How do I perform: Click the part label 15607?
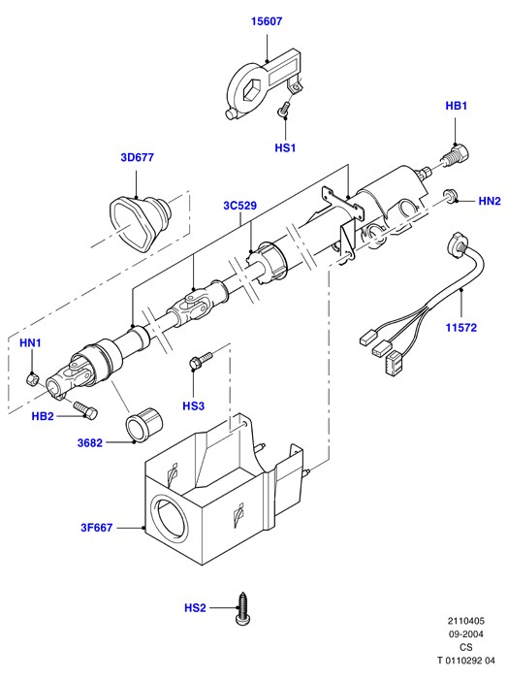[x=267, y=21]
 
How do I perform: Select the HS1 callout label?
[x=285, y=147]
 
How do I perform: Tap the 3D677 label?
[x=137, y=157]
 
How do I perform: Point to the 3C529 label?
[x=240, y=206]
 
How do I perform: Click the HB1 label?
[x=457, y=106]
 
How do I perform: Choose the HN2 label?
[x=490, y=201]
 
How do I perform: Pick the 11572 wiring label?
[x=461, y=328]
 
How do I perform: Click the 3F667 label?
[x=97, y=528]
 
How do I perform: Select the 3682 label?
[x=90, y=442]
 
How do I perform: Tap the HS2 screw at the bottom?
[x=242, y=609]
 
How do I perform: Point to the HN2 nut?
[x=450, y=196]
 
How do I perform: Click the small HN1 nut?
[x=31, y=380]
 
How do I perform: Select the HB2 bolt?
[x=85, y=409]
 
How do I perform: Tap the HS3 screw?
[x=201, y=360]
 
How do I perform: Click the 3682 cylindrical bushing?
[x=143, y=425]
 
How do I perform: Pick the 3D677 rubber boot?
[x=140, y=221]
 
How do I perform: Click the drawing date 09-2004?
[x=465, y=634]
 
